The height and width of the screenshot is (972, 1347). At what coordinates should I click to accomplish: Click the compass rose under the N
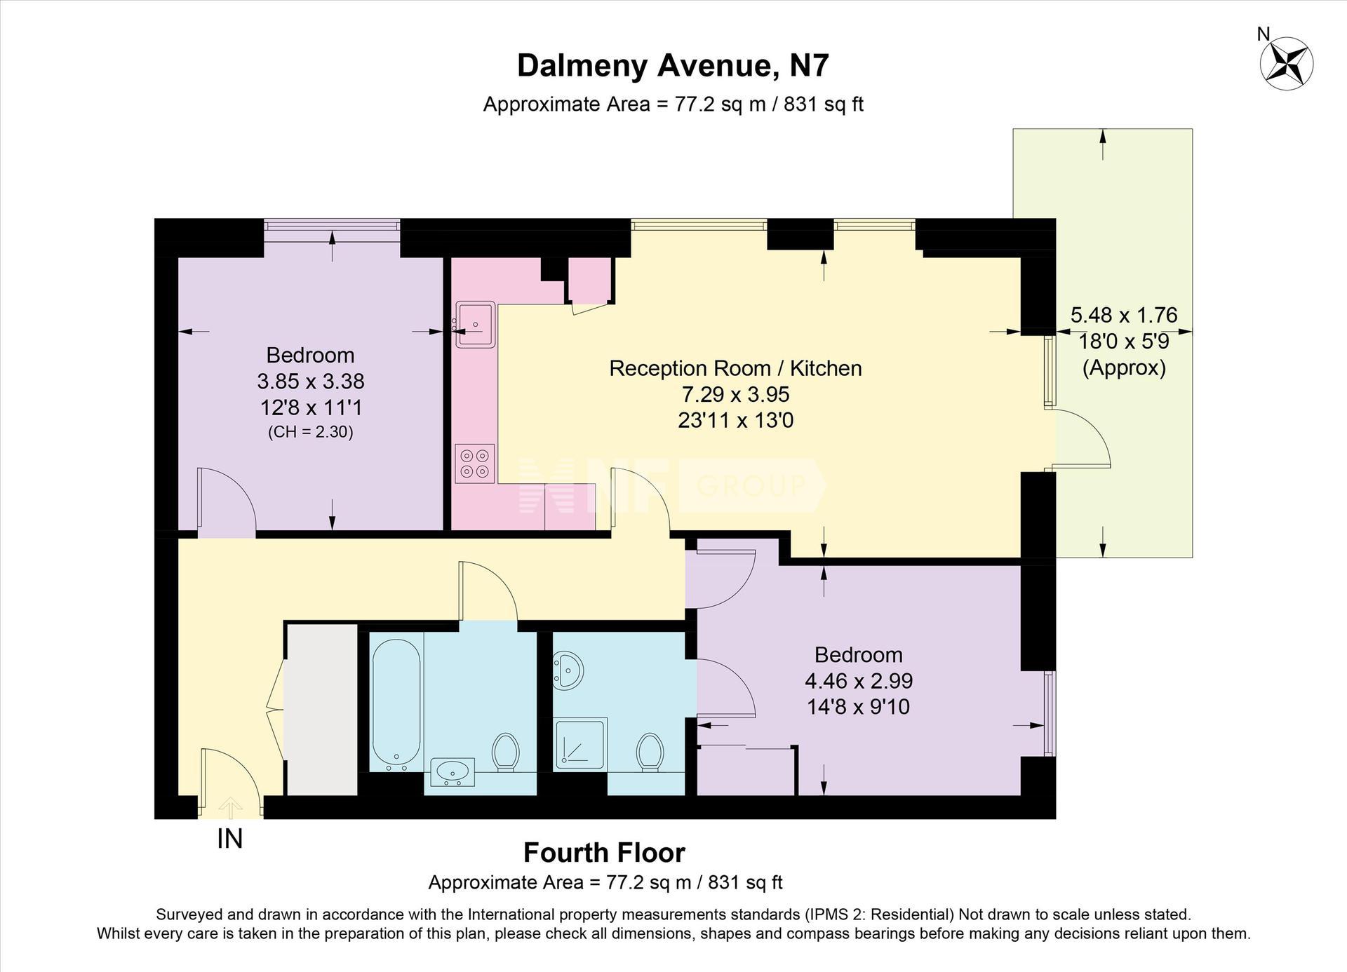(x=1287, y=64)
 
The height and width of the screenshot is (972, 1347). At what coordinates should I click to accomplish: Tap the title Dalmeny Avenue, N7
(x=673, y=66)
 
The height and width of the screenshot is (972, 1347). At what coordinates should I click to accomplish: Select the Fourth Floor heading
(x=604, y=853)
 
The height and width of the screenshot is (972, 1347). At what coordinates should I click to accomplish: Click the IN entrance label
(x=229, y=839)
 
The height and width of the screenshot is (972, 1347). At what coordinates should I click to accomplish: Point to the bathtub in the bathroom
(x=396, y=701)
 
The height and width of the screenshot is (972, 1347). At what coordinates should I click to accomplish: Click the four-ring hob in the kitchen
(x=475, y=464)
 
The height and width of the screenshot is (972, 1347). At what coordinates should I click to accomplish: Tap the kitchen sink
(x=475, y=325)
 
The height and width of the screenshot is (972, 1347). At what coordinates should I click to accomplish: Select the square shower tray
(x=581, y=744)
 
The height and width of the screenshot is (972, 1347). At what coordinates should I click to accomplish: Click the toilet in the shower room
(x=650, y=752)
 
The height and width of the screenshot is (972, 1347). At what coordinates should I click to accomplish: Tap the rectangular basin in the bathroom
(x=453, y=772)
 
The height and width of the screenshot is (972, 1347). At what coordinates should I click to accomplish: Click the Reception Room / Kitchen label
(x=735, y=368)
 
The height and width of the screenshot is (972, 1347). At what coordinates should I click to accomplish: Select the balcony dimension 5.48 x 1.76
(x=1124, y=315)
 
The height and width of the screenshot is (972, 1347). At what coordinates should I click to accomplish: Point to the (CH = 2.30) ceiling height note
(x=310, y=432)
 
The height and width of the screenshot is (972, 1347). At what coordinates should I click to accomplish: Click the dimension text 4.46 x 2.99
(x=858, y=680)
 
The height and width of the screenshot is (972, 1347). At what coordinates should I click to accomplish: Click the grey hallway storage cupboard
(x=321, y=709)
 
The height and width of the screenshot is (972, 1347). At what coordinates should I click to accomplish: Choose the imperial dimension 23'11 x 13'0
(x=735, y=420)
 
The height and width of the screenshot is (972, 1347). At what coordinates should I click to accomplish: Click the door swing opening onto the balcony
(x=1083, y=438)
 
